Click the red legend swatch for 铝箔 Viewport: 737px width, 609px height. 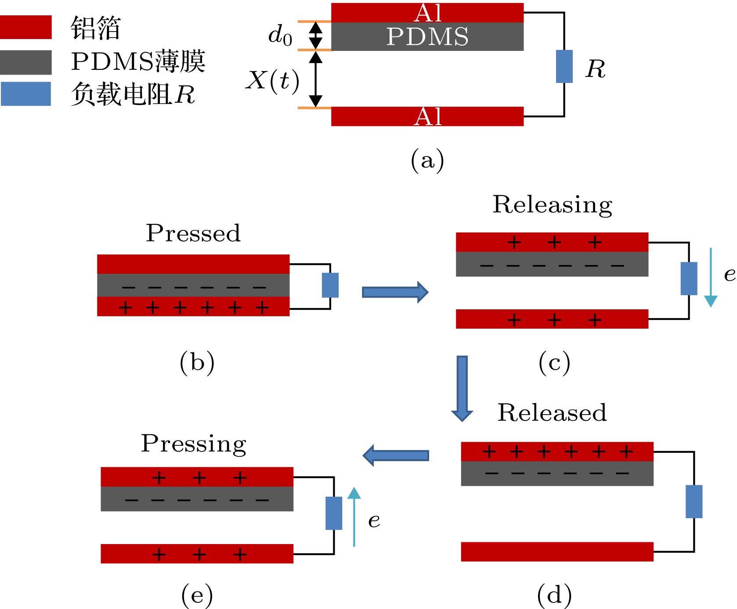(25, 27)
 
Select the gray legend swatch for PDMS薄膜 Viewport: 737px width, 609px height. (25, 62)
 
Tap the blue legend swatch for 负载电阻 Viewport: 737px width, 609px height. (25, 94)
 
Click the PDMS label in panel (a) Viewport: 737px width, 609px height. (427, 36)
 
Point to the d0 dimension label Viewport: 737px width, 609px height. (280, 35)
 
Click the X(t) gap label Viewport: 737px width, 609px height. (272, 81)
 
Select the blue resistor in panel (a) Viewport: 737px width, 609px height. (564, 66)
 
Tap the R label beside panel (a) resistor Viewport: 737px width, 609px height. (596, 69)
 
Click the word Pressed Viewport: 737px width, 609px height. (193, 233)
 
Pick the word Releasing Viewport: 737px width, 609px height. (553, 205)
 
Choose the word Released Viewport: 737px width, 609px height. (552, 413)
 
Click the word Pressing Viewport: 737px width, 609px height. (193, 444)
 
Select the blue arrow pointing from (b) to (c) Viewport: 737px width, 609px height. (395, 292)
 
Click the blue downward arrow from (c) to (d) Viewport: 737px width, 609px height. (462, 388)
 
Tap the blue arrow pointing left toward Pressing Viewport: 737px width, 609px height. (396, 455)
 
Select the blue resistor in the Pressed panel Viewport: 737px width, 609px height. (330, 285)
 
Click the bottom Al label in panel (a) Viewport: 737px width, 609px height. (427, 117)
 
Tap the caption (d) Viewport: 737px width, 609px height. (554, 595)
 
